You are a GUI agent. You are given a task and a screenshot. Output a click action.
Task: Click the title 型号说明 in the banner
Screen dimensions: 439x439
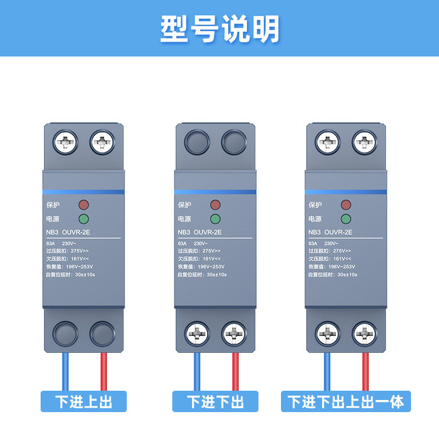coord(219,29)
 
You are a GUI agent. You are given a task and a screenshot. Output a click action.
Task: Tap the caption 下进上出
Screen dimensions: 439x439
coord(83,402)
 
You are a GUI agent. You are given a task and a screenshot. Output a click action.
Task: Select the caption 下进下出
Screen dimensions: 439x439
coord(215,402)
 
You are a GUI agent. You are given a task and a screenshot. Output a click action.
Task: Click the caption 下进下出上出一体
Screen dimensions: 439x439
coord(346,402)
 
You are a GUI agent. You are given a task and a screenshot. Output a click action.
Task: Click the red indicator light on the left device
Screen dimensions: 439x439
coord(83,205)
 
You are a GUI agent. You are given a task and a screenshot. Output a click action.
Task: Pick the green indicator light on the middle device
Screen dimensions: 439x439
coord(215,219)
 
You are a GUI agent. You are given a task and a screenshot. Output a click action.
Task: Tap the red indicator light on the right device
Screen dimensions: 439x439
coord(346,205)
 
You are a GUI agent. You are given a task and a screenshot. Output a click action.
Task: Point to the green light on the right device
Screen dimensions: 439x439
coord(346,219)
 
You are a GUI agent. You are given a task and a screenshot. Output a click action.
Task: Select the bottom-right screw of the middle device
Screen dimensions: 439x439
coord(234,333)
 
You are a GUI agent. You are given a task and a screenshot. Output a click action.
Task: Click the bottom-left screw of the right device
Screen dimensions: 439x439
coord(328,333)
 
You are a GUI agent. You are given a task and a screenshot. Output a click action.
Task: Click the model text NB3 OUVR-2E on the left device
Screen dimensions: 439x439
coord(69,232)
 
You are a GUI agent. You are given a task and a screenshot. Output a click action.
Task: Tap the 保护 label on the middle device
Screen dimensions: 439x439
coord(185,205)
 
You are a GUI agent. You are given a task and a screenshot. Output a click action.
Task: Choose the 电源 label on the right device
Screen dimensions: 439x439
coord(316,219)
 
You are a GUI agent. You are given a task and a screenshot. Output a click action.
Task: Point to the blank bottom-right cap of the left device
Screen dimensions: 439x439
coord(102,333)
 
